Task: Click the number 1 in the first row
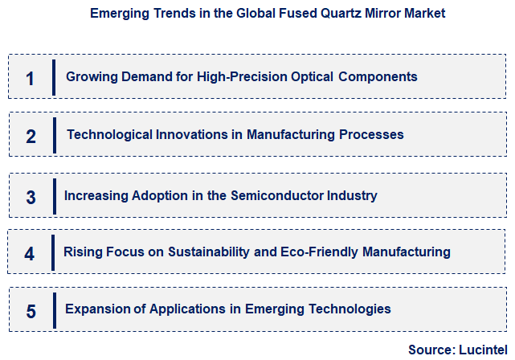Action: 31,78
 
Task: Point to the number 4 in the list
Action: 30,254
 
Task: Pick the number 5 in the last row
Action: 31,311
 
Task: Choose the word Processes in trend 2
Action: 371,134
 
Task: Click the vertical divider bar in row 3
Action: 54,196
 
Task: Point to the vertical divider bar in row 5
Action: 54,309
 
